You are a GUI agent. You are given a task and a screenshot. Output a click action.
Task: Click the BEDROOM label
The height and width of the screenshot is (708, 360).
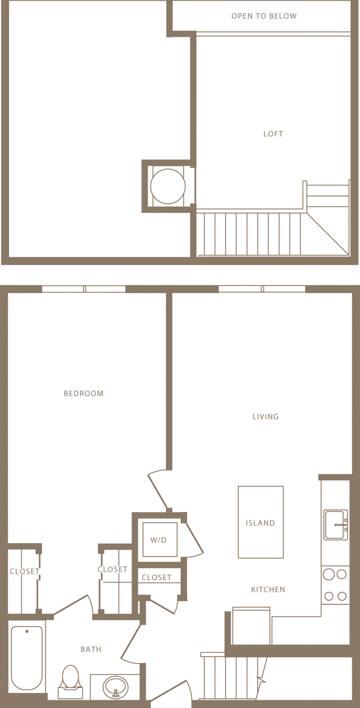coord(84,394)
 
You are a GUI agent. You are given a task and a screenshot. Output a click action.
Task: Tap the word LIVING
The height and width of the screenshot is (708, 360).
coord(265,417)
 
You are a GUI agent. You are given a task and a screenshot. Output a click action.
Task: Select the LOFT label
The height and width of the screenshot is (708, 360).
coord(273,134)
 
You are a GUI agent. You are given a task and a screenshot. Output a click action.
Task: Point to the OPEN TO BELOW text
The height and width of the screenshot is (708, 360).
coord(264,17)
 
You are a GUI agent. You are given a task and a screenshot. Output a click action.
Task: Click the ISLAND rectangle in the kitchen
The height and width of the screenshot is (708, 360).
coord(260,522)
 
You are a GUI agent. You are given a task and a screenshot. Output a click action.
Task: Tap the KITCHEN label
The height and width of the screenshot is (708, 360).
coord(268,590)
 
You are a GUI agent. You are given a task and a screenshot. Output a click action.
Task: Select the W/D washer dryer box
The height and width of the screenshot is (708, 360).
coord(159,540)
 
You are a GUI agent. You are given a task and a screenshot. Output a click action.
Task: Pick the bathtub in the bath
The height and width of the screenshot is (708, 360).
coord(27,657)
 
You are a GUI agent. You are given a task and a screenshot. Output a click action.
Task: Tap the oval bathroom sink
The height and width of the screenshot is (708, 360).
coord(116,687)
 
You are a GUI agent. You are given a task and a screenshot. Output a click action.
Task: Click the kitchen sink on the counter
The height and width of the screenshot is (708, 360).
coord(335,524)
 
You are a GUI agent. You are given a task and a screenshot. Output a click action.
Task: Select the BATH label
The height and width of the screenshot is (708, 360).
coord(91,649)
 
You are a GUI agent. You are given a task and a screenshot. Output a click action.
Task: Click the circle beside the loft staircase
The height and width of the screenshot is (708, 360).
coord(168,186)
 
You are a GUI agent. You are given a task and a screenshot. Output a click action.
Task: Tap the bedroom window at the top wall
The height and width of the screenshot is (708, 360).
coord(84,289)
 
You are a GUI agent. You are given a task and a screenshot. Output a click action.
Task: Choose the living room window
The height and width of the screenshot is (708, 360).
coord(262,289)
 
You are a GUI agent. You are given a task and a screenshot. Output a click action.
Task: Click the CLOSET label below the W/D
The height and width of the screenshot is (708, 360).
coord(156,577)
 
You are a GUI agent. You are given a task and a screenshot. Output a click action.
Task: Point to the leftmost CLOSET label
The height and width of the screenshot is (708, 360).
coord(24,571)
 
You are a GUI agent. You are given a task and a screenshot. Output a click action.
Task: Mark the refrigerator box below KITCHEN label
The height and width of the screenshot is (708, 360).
coord(252,626)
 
